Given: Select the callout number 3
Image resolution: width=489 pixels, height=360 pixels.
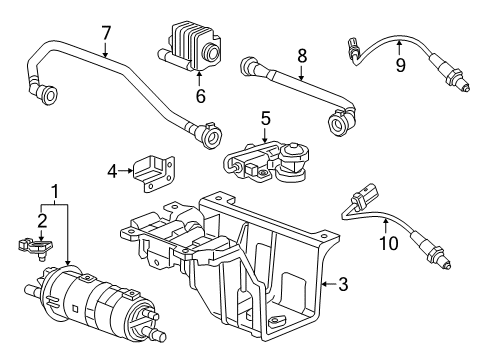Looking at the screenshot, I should (343, 284).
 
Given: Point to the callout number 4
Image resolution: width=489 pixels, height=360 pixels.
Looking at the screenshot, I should (114, 171).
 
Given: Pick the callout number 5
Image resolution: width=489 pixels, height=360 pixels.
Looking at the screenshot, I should (265, 120).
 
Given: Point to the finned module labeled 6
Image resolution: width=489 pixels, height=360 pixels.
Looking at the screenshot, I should (198, 48).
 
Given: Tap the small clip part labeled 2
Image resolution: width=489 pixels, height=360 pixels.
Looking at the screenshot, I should (34, 246).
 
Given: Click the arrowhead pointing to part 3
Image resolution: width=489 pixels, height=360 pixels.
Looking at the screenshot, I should (323, 284).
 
